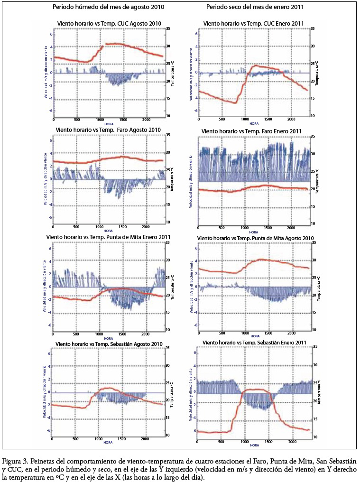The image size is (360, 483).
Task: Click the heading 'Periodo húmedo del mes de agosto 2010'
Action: [109, 8]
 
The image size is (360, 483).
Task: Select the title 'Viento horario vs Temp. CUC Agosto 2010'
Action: [109, 23]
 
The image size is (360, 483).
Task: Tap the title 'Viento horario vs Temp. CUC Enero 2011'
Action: [254, 23]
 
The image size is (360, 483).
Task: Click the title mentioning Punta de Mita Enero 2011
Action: [108, 236]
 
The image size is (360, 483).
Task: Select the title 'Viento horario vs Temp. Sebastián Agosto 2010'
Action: [109, 343]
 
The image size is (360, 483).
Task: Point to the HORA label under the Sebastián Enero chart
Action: [255, 445]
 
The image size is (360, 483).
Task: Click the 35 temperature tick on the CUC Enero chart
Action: [313, 29]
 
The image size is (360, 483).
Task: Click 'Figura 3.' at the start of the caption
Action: [15, 460]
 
